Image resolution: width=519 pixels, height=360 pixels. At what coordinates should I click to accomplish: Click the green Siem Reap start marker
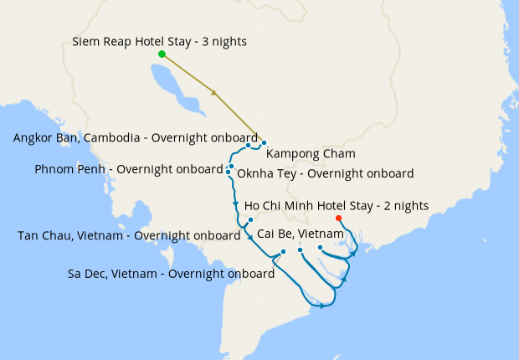(x=162, y=54)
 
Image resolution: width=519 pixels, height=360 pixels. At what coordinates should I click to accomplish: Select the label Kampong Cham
(x=311, y=153)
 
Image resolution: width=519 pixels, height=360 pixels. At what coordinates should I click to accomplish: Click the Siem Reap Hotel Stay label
(x=159, y=41)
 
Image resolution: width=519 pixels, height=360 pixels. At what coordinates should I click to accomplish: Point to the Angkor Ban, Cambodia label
(x=136, y=138)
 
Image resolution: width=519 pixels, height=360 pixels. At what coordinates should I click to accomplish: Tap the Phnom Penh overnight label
(x=129, y=169)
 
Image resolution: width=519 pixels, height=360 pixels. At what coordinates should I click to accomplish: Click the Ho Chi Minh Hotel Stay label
(x=336, y=205)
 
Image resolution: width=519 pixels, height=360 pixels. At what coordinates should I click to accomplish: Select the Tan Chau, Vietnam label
(x=129, y=235)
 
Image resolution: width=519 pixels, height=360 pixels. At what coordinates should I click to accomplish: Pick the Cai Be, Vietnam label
(x=301, y=233)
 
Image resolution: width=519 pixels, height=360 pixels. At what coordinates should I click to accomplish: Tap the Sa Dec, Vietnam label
(x=172, y=273)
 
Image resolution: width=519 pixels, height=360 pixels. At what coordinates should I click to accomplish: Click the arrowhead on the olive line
(x=216, y=93)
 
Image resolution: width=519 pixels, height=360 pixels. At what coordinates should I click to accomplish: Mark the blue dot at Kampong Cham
(x=264, y=143)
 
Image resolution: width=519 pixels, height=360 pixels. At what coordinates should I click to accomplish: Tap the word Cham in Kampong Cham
(x=340, y=153)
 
